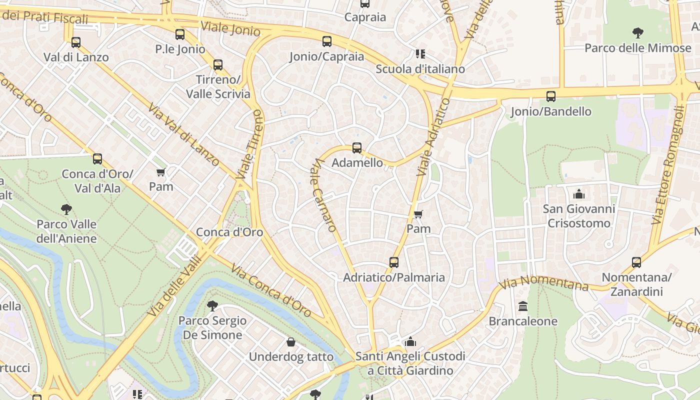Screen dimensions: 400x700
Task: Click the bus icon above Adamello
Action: (356, 148)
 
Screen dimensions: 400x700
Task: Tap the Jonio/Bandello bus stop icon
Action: (550, 96)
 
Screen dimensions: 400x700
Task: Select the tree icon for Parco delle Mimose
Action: (637, 33)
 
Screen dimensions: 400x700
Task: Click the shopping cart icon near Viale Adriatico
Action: (418, 214)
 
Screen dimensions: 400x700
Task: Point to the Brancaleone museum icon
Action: (523, 306)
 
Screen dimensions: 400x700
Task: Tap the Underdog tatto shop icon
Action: (291, 342)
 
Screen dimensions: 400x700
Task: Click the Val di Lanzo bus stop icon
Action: (76, 42)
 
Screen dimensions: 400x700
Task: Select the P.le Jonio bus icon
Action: (180, 34)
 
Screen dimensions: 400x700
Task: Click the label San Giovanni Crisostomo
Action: (579, 215)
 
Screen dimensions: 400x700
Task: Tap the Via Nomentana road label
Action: (544, 283)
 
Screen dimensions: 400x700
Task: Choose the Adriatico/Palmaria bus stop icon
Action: (394, 262)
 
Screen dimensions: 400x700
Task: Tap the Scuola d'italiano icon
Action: (420, 54)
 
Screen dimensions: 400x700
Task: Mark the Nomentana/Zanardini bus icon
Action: (636, 262)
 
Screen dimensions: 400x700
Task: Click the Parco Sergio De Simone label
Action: (212, 327)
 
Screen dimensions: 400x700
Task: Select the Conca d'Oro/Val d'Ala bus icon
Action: (97, 159)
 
